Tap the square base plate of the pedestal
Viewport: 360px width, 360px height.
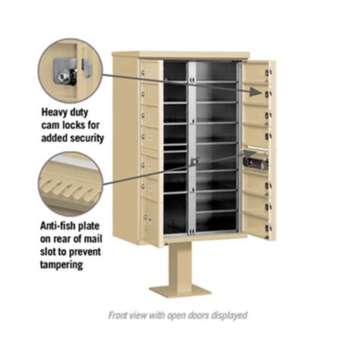tap(179, 289)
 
